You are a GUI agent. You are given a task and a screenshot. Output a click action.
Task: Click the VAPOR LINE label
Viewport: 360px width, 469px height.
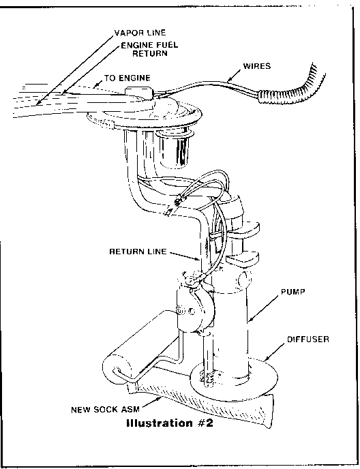(x=140, y=33)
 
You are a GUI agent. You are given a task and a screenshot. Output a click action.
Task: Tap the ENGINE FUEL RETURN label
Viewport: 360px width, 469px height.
(x=149, y=49)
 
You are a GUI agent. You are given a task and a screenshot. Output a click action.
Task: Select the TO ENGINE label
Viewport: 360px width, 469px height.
(x=127, y=78)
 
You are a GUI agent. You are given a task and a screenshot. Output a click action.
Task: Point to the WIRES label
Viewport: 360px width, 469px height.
(x=257, y=66)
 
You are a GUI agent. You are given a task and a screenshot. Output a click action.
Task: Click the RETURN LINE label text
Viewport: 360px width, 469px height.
(x=138, y=252)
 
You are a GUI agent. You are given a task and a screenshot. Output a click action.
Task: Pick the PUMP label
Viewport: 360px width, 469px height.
(x=293, y=292)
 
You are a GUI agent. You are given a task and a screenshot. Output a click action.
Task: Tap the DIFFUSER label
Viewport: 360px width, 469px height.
(x=308, y=339)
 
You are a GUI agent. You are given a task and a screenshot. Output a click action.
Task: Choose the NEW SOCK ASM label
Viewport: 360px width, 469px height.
(x=105, y=409)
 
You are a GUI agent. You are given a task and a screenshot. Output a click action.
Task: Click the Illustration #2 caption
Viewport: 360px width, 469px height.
(x=170, y=424)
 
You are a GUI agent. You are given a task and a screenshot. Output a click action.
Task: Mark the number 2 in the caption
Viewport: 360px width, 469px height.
(x=209, y=424)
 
